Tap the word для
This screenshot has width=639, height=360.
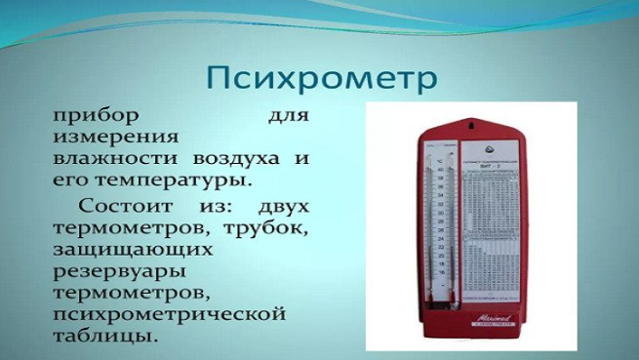tap(289, 116)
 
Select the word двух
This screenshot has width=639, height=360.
tap(283, 206)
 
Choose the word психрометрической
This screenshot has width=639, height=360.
tap(169, 314)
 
